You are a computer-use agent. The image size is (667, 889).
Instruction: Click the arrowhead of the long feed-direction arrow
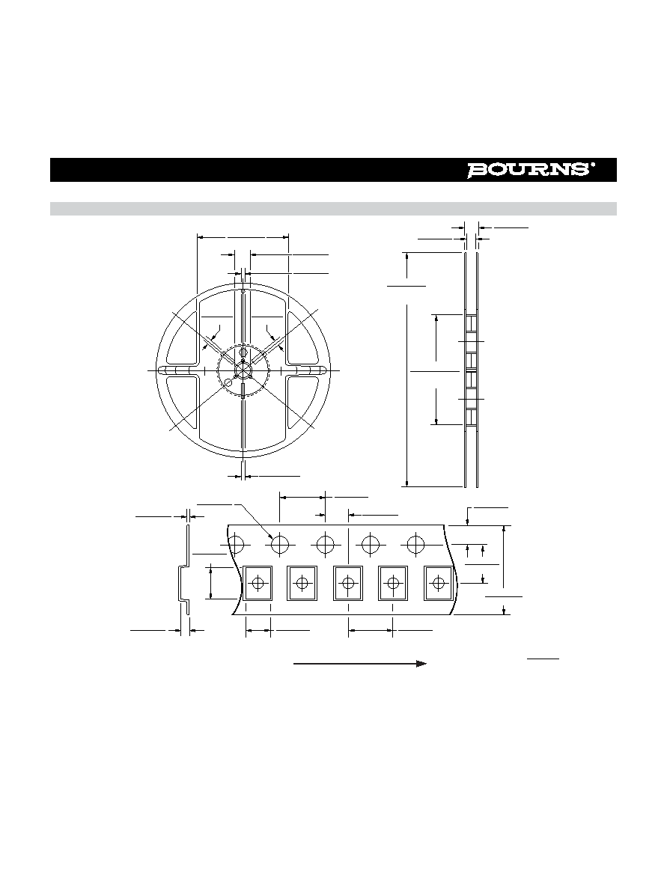tap(421, 663)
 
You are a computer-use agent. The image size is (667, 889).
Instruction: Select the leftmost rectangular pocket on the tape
tap(258, 583)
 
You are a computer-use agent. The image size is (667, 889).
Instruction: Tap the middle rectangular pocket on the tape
tap(347, 583)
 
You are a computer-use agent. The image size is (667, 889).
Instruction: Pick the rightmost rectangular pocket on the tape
tap(439, 583)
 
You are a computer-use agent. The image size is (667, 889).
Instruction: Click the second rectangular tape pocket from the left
tap(302, 583)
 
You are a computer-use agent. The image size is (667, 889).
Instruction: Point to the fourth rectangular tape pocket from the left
tap(392, 583)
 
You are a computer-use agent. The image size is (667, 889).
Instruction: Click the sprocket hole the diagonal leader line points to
tap(280, 544)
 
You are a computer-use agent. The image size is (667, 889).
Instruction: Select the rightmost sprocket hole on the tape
tap(415, 544)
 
